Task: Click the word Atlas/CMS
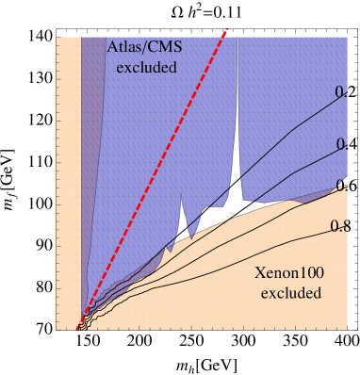(x=142, y=48)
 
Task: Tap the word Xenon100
(x=291, y=274)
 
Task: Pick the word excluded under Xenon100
(x=291, y=293)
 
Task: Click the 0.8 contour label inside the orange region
(x=339, y=225)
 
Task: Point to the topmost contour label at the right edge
(x=341, y=92)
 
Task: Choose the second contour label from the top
(x=341, y=143)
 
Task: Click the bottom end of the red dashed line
(x=78, y=330)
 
